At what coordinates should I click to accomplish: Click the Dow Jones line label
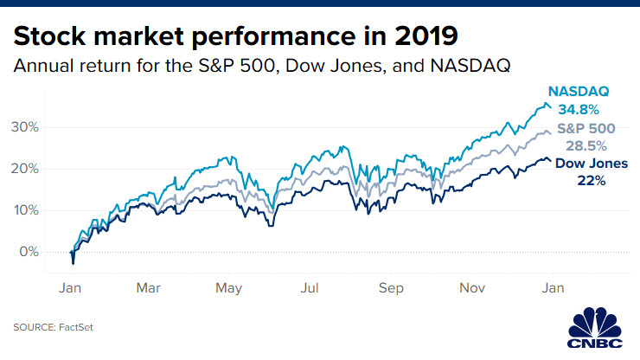tap(592, 164)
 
